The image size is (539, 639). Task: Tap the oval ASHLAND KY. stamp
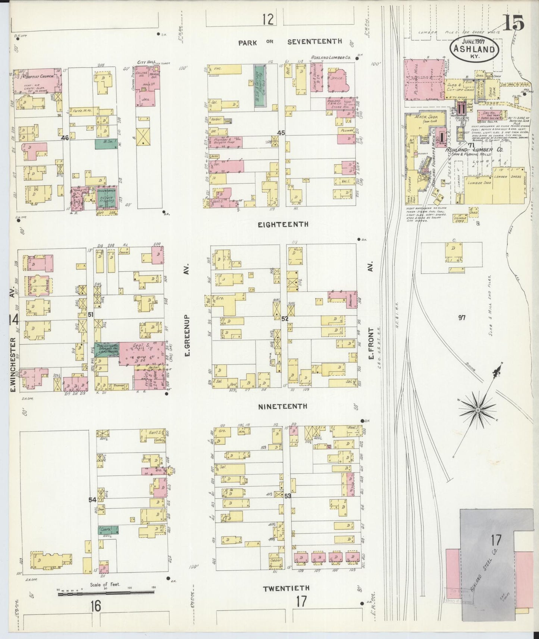tap(474, 50)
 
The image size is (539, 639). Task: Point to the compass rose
tap(478, 410)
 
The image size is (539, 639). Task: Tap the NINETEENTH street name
tap(283, 406)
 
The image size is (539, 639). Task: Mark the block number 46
tap(65, 138)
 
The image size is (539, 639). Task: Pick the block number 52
tap(285, 319)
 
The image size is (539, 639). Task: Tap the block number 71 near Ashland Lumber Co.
tap(471, 145)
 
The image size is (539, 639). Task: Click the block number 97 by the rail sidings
tap(462, 318)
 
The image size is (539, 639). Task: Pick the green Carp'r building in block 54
tap(108, 530)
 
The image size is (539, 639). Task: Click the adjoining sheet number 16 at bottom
tap(95, 606)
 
